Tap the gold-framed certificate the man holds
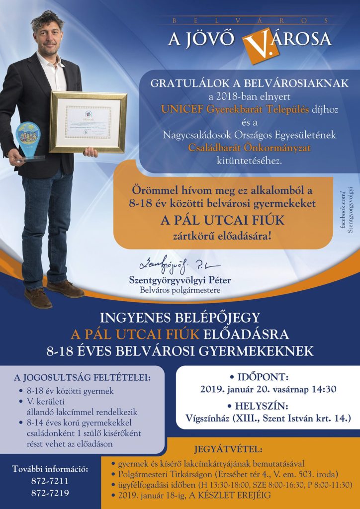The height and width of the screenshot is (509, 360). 88,122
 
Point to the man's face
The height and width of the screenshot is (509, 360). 49,35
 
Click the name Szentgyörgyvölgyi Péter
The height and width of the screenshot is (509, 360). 180,280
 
